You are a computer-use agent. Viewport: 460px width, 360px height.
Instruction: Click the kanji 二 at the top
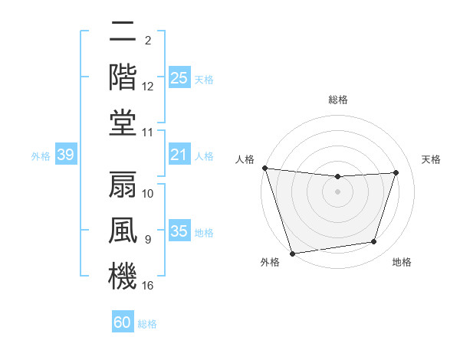click(x=123, y=33)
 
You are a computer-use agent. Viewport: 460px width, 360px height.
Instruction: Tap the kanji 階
click(x=123, y=77)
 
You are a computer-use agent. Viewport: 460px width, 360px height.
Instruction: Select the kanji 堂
click(x=123, y=121)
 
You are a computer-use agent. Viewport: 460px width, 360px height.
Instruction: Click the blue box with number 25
click(x=179, y=77)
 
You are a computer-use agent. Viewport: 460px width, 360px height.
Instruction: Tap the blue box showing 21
click(x=179, y=155)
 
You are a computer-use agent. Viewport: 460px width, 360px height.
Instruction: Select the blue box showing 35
click(x=179, y=231)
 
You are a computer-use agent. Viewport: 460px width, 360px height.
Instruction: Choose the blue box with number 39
click(x=65, y=155)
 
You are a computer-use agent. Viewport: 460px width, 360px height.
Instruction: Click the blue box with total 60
click(x=123, y=322)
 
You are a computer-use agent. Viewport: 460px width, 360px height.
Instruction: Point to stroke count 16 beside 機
click(x=148, y=286)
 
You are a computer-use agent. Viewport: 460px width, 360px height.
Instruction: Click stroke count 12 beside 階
click(x=148, y=87)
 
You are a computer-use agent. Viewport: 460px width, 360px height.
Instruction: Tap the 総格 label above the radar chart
click(x=337, y=100)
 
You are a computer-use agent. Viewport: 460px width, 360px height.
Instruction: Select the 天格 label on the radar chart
click(x=432, y=159)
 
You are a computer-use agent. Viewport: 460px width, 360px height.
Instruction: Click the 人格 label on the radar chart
click(x=245, y=159)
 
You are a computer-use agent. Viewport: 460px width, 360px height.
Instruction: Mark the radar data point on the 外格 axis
click(x=293, y=253)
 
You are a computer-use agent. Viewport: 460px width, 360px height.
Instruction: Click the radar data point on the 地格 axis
click(x=374, y=242)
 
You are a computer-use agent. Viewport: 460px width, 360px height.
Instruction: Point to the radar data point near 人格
click(x=264, y=168)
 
